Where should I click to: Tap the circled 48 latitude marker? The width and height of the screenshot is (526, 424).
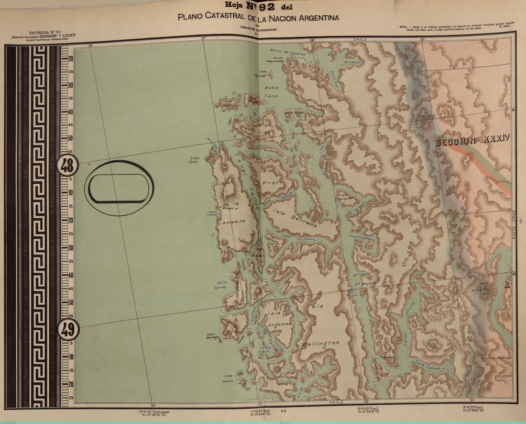[x=67, y=166]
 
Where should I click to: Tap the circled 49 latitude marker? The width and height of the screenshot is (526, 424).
[x=68, y=330]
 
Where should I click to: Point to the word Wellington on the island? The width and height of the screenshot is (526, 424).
[x=320, y=344]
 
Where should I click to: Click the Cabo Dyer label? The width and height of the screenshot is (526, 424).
[x=194, y=159]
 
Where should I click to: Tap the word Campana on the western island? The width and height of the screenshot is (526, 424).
[x=231, y=222]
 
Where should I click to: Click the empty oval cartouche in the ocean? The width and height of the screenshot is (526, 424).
[x=119, y=188]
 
